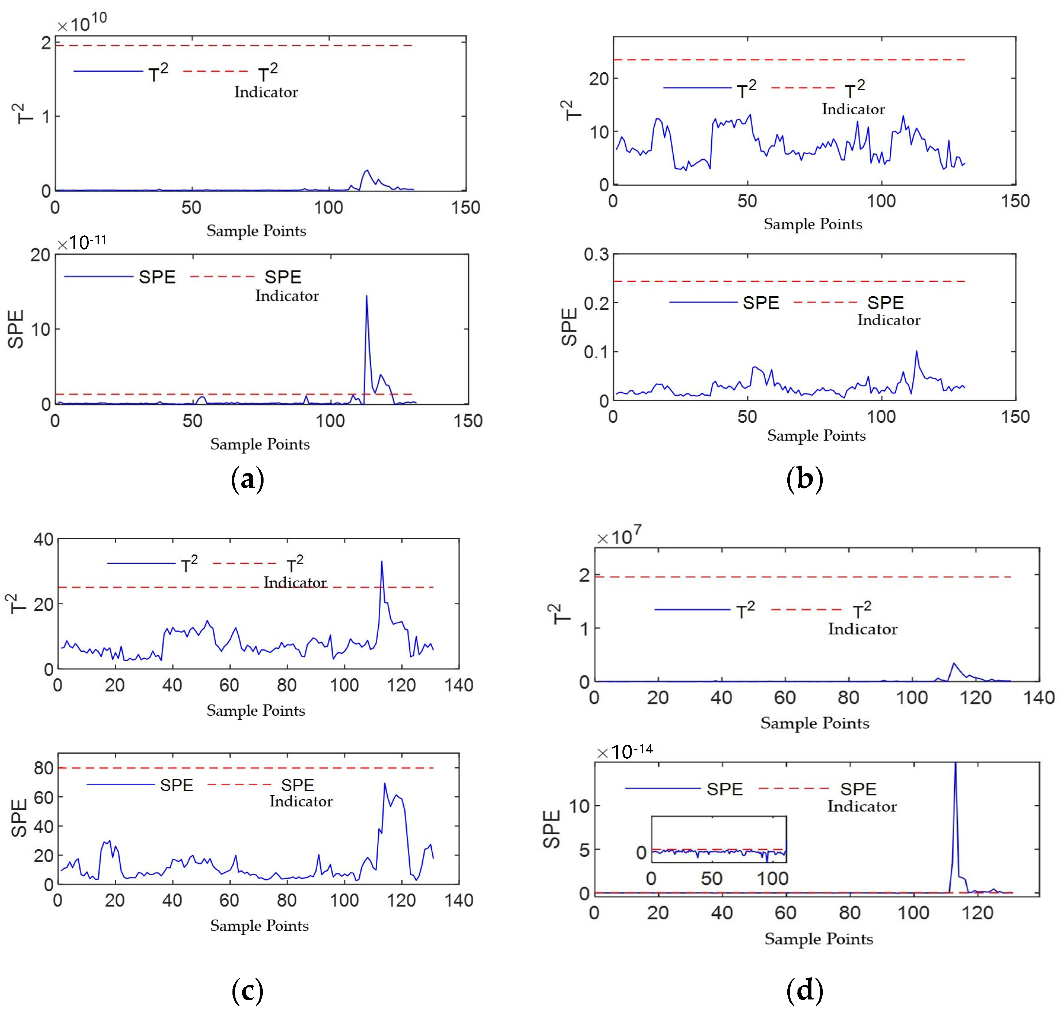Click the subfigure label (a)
[x=247, y=480]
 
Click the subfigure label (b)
[x=804, y=480]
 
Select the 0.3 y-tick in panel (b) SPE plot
[x=596, y=254]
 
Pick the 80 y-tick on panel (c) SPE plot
[x=43, y=768]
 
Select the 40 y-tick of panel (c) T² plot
[x=43, y=540]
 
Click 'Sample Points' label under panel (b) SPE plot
[x=816, y=436]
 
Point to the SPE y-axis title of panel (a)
[x=16, y=329]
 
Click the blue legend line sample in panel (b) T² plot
[x=697, y=88]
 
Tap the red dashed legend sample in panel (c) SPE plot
[x=239, y=784]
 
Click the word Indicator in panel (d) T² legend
[x=862, y=629]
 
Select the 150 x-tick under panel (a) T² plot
[x=465, y=207]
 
